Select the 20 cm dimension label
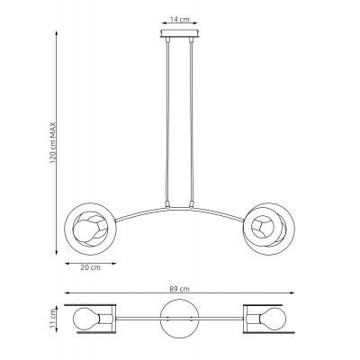pos(89,266)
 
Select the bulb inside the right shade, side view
pos(268,225)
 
